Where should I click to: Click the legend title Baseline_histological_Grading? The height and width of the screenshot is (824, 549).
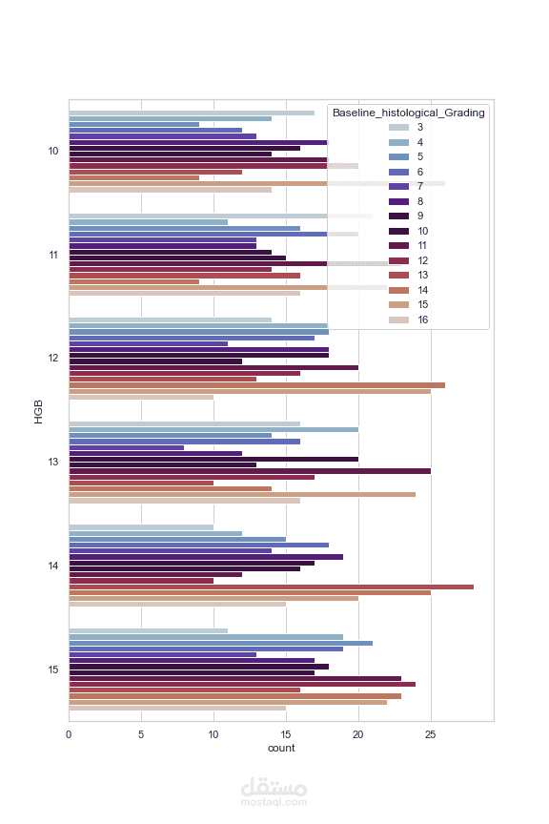408,113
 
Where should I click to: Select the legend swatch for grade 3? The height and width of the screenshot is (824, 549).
398,127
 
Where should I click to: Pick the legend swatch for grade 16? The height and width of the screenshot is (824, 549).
398,319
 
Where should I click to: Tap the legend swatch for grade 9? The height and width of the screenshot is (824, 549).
398,216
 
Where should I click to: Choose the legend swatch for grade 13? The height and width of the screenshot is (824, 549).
398,275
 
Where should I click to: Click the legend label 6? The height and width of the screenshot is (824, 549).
419,172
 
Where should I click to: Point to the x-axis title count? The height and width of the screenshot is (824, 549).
281,748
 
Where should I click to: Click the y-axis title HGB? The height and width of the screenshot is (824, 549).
38,411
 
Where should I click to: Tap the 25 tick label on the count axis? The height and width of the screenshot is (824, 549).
430,734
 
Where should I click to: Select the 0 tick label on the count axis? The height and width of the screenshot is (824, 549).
69,734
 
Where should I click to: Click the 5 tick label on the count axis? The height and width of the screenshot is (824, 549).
141,734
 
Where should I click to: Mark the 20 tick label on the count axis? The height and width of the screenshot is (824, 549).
357,734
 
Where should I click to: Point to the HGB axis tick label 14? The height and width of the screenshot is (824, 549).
53,566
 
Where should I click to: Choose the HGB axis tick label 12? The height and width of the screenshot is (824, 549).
53,358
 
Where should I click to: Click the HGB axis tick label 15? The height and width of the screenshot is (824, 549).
53,669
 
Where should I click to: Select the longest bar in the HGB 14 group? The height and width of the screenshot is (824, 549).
271,587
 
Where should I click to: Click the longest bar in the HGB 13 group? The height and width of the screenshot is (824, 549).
250,471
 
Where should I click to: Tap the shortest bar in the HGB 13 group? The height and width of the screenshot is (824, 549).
127,447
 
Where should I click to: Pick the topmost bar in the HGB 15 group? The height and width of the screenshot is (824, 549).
148,631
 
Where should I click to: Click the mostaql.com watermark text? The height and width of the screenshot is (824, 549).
274,802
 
